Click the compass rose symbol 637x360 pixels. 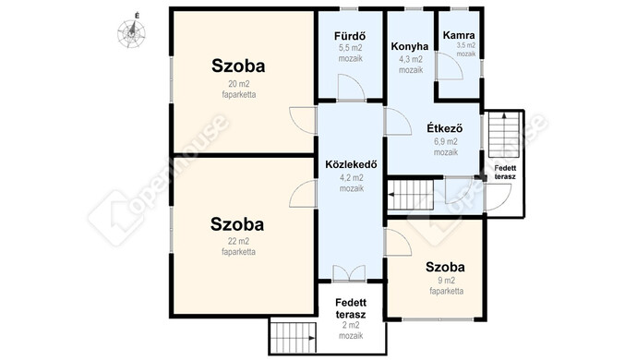pyautogui.click(x=131, y=33)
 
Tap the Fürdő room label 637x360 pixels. pyautogui.click(x=350, y=36)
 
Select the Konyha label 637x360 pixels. pyautogui.click(x=410, y=46)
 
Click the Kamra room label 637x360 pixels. pyautogui.click(x=459, y=35)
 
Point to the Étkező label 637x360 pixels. pyautogui.click(x=444, y=128)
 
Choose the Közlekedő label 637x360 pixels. pyautogui.click(x=351, y=164)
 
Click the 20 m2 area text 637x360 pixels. pyautogui.click(x=239, y=84)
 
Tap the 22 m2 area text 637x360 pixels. pyautogui.click(x=238, y=241)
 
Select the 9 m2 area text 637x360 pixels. pyautogui.click(x=447, y=281)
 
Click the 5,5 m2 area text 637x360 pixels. pyautogui.click(x=350, y=48)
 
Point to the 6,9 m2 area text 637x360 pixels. pyautogui.click(x=446, y=142)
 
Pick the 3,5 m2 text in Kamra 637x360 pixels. pyautogui.click(x=465, y=45)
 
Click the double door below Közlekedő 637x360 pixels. pyautogui.click(x=349, y=273)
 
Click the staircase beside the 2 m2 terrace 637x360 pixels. pyautogui.click(x=294, y=338)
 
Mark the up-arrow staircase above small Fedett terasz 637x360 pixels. pyautogui.click(x=504, y=135)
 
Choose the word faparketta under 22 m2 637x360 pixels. pyautogui.click(x=238, y=252)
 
